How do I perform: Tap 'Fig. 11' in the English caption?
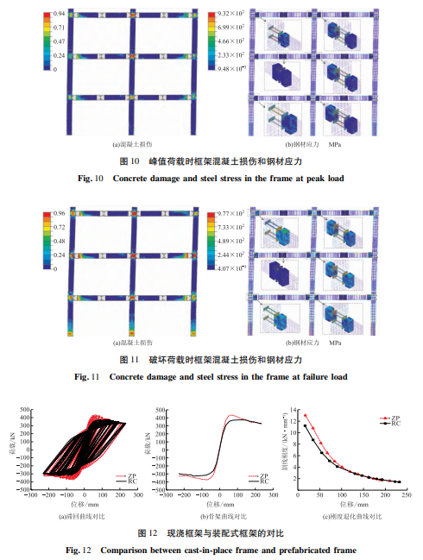pyautogui.click(x=88, y=376)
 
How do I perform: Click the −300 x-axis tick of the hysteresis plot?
pyautogui.click(x=30, y=497)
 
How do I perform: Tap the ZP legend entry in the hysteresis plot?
pyautogui.click(x=127, y=475)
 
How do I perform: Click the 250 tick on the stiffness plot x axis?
pyautogui.click(x=404, y=497)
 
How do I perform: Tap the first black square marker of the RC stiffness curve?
pyautogui.click(x=305, y=425)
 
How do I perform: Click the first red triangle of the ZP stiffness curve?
pyautogui.click(x=305, y=416)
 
